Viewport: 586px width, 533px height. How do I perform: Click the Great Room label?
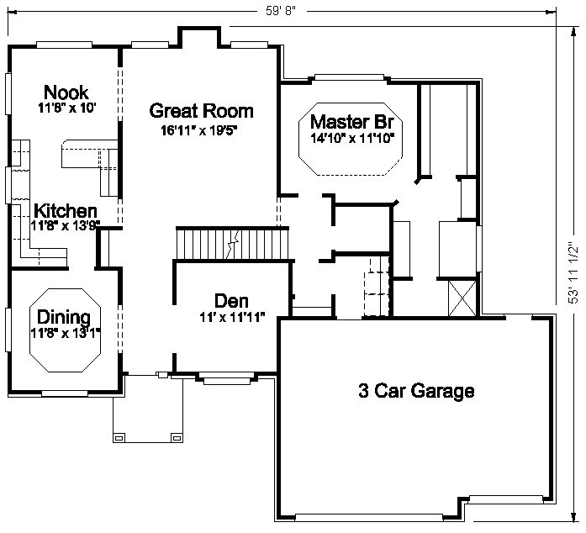[201, 111]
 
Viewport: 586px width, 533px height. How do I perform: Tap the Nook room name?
[66, 92]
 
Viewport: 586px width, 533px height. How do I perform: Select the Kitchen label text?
[66, 211]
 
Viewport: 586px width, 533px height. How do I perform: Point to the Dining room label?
[64, 317]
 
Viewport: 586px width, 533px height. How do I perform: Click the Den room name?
[231, 301]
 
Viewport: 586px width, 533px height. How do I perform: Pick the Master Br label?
[352, 122]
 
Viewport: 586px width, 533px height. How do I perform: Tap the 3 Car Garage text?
[416, 391]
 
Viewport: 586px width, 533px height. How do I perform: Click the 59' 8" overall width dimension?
[281, 11]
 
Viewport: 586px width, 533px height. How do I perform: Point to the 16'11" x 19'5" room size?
[199, 130]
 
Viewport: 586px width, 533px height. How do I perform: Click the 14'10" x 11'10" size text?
[352, 139]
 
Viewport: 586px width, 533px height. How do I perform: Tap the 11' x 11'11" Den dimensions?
[232, 318]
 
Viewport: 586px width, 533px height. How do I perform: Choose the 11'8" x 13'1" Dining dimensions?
[66, 333]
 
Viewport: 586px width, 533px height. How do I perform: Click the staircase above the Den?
[232, 244]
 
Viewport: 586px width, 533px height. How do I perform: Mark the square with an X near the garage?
[462, 298]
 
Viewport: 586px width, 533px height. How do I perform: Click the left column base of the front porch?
[119, 438]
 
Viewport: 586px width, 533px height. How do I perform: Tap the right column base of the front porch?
[177, 438]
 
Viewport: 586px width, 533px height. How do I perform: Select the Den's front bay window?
[227, 378]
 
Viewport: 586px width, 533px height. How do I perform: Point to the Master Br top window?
[350, 77]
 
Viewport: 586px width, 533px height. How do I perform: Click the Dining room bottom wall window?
[64, 393]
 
